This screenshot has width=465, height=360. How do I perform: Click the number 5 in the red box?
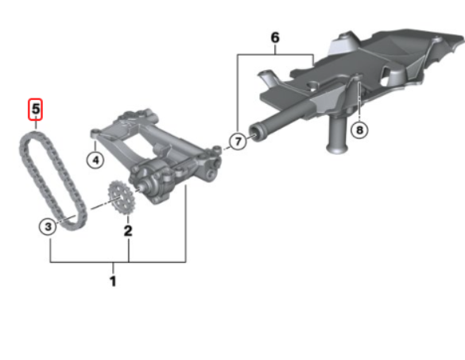pyautogui.click(x=36, y=109)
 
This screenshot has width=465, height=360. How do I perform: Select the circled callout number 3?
pyautogui.click(x=48, y=226)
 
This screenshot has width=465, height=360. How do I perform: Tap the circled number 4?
pyautogui.click(x=95, y=160)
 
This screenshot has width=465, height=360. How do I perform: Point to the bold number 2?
pyautogui.click(x=128, y=230)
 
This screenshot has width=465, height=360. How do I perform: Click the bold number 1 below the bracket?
pyautogui.click(x=113, y=281)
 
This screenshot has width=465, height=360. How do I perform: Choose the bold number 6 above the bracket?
pyautogui.click(x=275, y=37)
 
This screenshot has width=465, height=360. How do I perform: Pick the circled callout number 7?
pyautogui.click(x=238, y=141)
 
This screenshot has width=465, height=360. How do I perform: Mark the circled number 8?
pyautogui.click(x=359, y=130)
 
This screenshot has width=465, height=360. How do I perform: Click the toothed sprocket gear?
pyautogui.click(x=122, y=198)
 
